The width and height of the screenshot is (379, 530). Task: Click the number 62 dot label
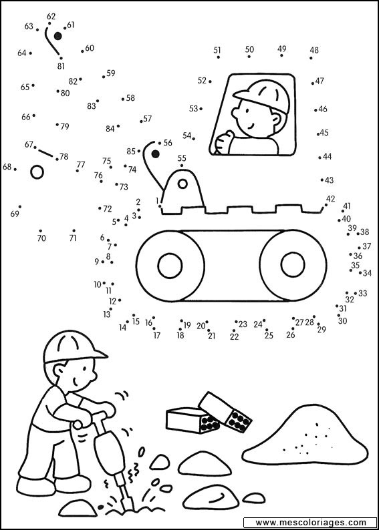coord(51,16)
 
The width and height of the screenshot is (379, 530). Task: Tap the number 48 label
coord(314,50)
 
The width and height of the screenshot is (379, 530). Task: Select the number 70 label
coord(41,238)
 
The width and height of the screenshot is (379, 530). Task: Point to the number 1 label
coord(157,201)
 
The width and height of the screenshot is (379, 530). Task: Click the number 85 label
coord(131,152)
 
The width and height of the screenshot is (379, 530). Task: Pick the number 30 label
coord(342,321)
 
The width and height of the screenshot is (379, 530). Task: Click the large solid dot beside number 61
coord(58,36)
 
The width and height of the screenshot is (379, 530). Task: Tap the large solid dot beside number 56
coord(155,154)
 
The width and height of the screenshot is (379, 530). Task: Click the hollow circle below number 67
coord(37,172)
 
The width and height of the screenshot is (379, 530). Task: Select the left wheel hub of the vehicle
coord(170,266)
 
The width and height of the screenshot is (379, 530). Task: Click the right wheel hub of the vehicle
coord(293,266)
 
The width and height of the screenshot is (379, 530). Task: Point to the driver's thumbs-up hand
coord(223,142)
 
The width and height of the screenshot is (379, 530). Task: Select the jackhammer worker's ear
coord(60,370)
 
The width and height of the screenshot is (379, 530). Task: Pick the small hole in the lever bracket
coord(182,184)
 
